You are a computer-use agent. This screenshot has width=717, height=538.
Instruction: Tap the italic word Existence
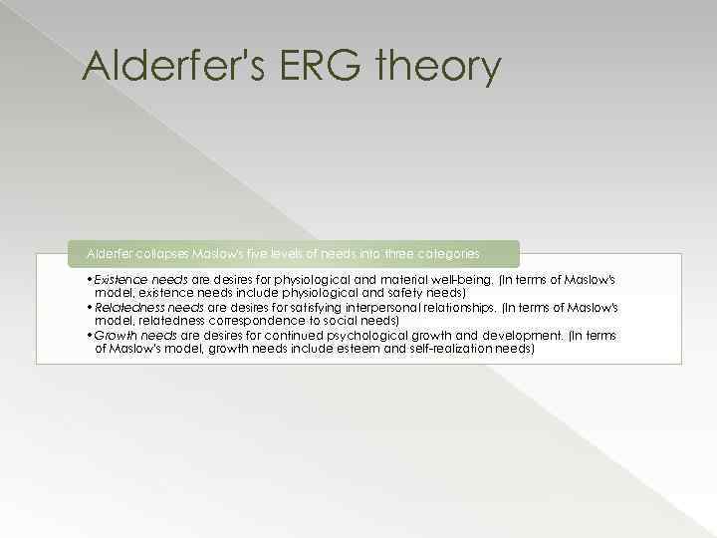120,281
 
